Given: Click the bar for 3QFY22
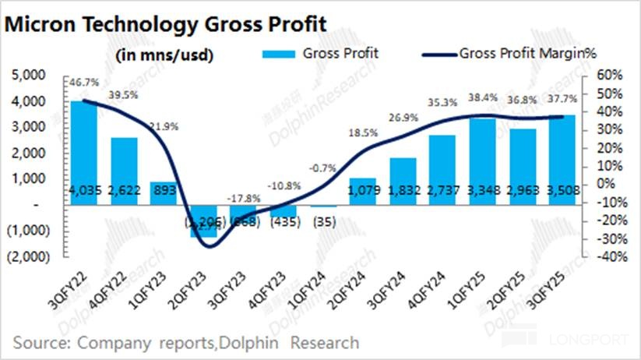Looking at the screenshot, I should click(84, 153).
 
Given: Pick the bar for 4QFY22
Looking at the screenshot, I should click(125, 171).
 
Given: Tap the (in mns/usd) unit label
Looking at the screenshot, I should click(164, 56).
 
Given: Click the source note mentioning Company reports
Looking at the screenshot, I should click(186, 343).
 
